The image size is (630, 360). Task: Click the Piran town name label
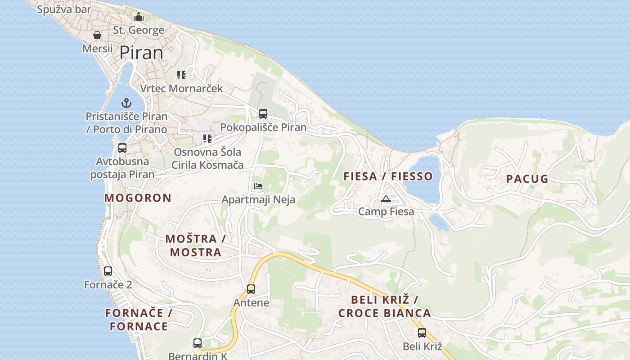tap(141, 53)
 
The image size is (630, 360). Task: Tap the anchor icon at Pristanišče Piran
tap(126, 103)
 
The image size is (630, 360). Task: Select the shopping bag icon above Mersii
tap(97, 35)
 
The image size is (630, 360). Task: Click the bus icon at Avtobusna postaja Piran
tap(122, 148)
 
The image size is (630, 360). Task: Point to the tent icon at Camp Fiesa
tap(386, 198)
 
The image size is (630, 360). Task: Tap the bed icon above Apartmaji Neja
tap(258, 186)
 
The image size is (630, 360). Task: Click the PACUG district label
tap(527, 179)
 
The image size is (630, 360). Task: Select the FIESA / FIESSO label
tap(388, 176)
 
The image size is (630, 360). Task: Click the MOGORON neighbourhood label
tap(138, 198)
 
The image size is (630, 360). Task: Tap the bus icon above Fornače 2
tap(108, 271)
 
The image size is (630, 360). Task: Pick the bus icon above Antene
tap(251, 289)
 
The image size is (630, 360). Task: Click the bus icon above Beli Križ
tap(422, 333)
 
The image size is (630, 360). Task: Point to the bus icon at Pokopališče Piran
tap(263, 114)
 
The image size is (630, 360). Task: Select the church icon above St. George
tap(139, 17)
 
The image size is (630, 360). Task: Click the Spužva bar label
tap(64, 9)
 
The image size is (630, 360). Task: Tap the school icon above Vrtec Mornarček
tap(181, 75)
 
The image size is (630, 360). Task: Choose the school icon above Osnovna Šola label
tap(207, 139)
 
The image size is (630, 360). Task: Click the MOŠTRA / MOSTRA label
tap(196, 245)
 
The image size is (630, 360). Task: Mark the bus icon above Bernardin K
tap(198, 343)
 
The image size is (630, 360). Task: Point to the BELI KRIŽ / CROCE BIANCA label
tap(384, 306)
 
